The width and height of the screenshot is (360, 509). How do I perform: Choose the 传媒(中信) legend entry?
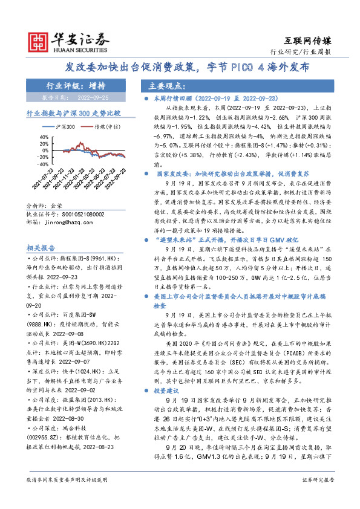click(100, 128)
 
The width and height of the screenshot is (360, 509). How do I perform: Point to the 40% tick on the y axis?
click(44, 137)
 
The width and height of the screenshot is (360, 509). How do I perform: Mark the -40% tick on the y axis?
click(43, 163)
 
